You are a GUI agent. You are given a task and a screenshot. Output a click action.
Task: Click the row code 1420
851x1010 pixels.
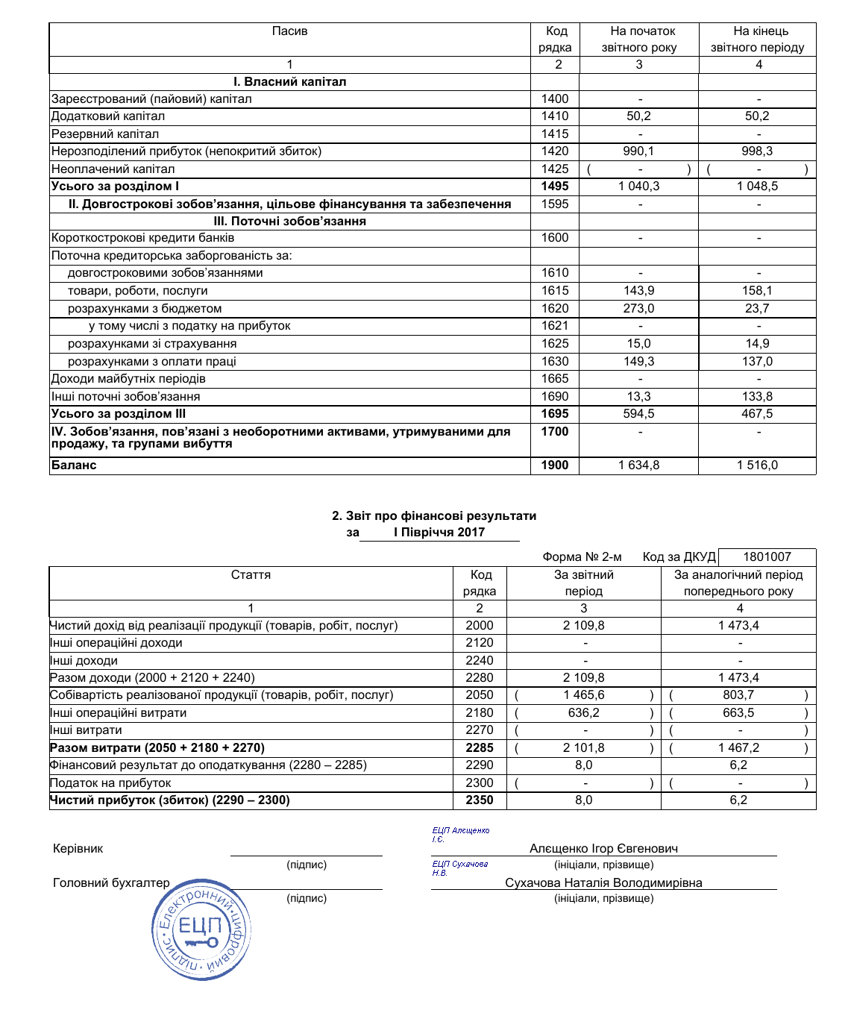click(x=555, y=151)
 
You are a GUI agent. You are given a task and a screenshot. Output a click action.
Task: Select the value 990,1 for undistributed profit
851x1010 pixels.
click(x=639, y=151)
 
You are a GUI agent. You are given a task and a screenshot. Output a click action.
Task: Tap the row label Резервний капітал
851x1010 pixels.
click(x=105, y=134)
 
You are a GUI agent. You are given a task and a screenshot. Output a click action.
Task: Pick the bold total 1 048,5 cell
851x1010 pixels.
click(x=757, y=186)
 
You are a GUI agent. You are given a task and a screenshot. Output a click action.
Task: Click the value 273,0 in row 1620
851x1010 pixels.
click(x=639, y=309)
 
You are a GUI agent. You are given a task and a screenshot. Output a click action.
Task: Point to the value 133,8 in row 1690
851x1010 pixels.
click(x=757, y=397)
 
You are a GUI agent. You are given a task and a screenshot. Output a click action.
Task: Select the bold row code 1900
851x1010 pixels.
click(x=555, y=465)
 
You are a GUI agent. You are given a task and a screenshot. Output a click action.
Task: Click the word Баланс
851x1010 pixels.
click(x=74, y=465)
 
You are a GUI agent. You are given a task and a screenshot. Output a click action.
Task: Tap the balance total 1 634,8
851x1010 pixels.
click(x=639, y=465)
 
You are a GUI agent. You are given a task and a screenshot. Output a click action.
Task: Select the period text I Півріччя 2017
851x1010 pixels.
click(x=439, y=533)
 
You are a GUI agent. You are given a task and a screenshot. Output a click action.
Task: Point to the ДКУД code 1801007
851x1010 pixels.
click(x=767, y=557)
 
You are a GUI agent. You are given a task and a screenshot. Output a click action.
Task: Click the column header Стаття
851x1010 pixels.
click(x=251, y=575)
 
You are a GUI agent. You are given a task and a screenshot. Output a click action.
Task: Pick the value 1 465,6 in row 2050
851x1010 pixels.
click(x=584, y=695)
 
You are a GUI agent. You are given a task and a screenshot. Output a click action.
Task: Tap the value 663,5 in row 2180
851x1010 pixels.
click(x=738, y=713)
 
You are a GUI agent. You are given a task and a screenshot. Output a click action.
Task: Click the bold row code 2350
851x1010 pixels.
click(x=480, y=800)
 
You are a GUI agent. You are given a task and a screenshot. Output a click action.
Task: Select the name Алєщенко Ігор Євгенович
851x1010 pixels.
click(x=603, y=849)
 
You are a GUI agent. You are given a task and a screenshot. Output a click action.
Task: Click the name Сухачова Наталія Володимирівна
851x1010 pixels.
click(x=603, y=883)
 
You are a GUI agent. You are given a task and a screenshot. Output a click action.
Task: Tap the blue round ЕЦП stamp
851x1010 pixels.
click(x=201, y=929)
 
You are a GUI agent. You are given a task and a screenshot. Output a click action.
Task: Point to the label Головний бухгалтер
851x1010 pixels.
click(x=111, y=883)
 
